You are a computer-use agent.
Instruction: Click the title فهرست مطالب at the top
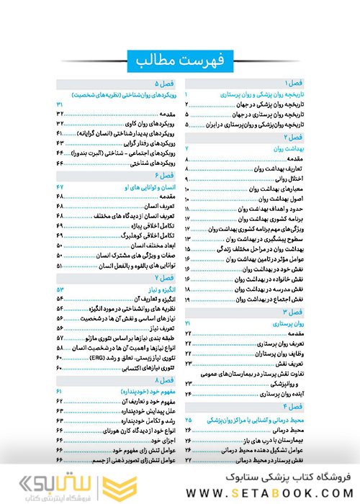(x=180, y=60)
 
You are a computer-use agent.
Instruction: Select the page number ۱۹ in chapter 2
(x=188, y=278)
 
